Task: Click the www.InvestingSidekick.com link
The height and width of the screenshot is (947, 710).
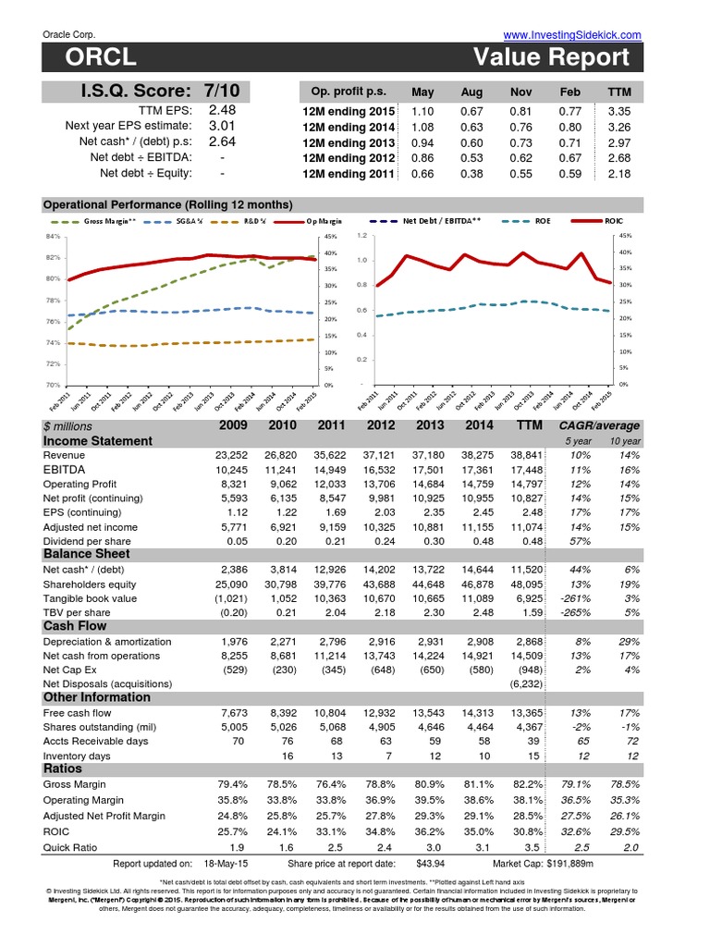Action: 572,34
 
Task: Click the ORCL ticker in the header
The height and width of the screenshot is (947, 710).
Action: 101,58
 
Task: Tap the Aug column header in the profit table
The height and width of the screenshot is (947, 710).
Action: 471,92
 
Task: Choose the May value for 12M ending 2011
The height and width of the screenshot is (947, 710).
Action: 422,173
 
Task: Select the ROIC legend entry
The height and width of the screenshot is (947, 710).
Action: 614,222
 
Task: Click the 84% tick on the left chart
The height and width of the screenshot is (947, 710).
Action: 52,238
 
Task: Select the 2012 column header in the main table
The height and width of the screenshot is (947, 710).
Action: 381,426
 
